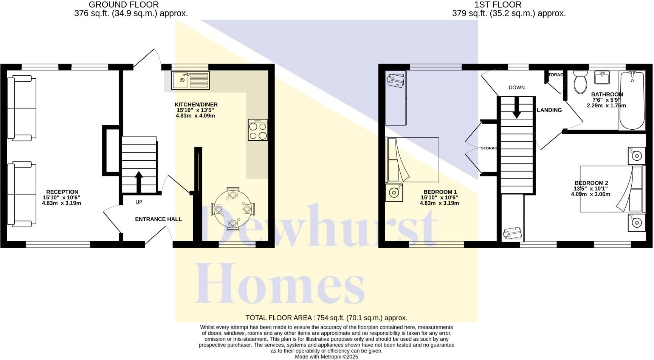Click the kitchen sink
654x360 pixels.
190,80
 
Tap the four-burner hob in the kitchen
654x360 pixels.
258,130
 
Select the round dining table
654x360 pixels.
233,209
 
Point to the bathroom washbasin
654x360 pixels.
602,78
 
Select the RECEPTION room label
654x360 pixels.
62,192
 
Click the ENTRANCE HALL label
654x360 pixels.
158,219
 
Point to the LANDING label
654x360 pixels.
549,110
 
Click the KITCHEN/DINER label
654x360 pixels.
196,105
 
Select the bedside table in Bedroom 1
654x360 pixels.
394,192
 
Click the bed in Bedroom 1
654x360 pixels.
412,160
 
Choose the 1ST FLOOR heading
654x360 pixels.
498,5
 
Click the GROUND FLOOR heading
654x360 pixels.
124,5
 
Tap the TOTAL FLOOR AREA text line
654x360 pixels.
326,318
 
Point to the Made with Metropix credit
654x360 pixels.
326,357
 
